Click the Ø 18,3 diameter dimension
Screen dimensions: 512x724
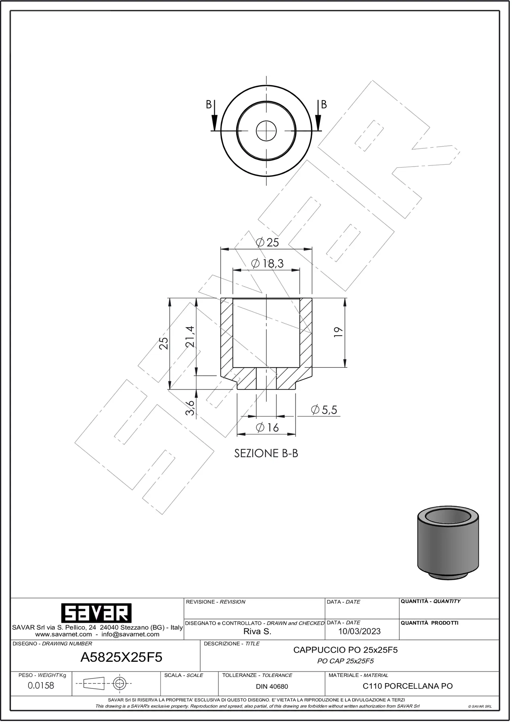coord(268,264)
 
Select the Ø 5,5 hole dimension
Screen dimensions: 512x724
coord(325,411)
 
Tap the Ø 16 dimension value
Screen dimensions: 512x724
coord(268,429)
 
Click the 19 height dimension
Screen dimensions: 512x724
coord(339,333)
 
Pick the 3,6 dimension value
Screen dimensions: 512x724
coord(190,409)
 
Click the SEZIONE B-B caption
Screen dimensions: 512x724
coord(267,455)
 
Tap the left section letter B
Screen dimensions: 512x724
coord(209,105)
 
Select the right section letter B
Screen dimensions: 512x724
coord(325,105)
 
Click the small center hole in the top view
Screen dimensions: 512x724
coord(267,121)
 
